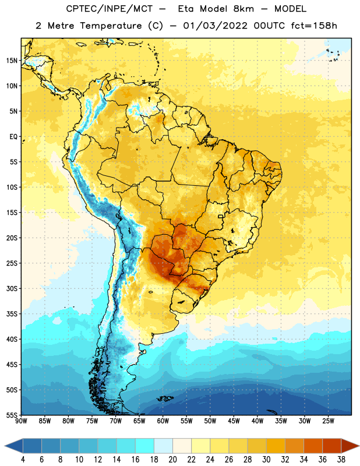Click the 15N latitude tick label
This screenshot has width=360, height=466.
(x=12, y=61)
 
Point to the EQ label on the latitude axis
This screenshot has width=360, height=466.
(x=13, y=137)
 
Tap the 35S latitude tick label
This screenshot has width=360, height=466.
(x=12, y=314)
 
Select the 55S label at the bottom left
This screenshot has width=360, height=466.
(x=12, y=415)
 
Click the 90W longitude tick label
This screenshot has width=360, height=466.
(x=21, y=421)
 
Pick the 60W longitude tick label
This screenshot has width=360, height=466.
(x=163, y=421)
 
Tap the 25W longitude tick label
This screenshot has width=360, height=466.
(x=328, y=421)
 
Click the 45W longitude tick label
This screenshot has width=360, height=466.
(x=234, y=421)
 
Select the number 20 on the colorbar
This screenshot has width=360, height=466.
(x=172, y=460)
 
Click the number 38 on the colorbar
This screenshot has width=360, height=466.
(x=341, y=460)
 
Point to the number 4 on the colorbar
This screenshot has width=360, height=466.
(x=23, y=460)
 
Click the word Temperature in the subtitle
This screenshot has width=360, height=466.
(x=111, y=26)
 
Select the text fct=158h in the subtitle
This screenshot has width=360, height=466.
(x=314, y=26)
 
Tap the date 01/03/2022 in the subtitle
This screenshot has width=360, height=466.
(x=215, y=26)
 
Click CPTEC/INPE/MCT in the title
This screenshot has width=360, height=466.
(x=110, y=9)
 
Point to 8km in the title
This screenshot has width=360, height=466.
(x=243, y=9)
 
